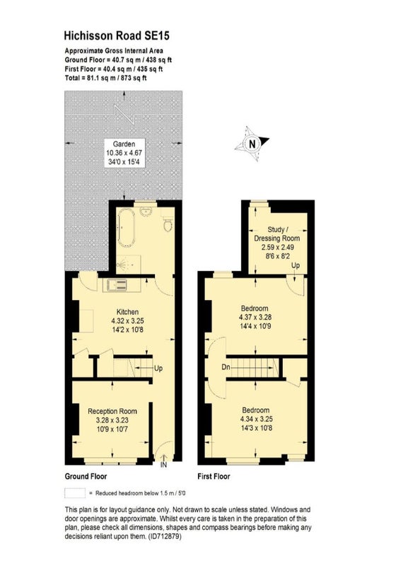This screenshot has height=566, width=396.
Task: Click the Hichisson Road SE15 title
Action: [x=116, y=35]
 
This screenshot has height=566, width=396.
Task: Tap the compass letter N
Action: [x=252, y=144]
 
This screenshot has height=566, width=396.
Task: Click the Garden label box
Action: [x=124, y=153]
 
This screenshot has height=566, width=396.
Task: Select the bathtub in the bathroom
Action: [x=127, y=227]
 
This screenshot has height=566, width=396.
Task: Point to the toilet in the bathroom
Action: [x=168, y=224]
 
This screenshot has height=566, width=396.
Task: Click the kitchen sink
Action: [x=115, y=285]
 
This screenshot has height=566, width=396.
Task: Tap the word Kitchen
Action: [x=127, y=311]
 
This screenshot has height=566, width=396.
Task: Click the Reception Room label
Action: [x=112, y=411]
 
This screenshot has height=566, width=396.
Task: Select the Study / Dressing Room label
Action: [x=277, y=233]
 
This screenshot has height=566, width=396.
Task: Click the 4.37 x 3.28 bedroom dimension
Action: [x=255, y=317]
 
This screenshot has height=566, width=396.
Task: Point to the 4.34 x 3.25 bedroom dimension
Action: [x=257, y=419]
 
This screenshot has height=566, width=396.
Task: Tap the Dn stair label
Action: [x=226, y=367]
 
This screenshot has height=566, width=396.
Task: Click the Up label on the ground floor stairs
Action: [x=158, y=368]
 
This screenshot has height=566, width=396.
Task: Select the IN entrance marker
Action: [x=163, y=465]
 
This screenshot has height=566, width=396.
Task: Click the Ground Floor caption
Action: [x=86, y=476]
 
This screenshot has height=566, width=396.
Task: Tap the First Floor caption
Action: [x=214, y=476]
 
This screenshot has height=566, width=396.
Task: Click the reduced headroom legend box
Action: [x=75, y=493]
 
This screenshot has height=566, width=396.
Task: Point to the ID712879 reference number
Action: [x=165, y=536]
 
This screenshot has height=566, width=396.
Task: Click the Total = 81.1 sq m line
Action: [x=105, y=78]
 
